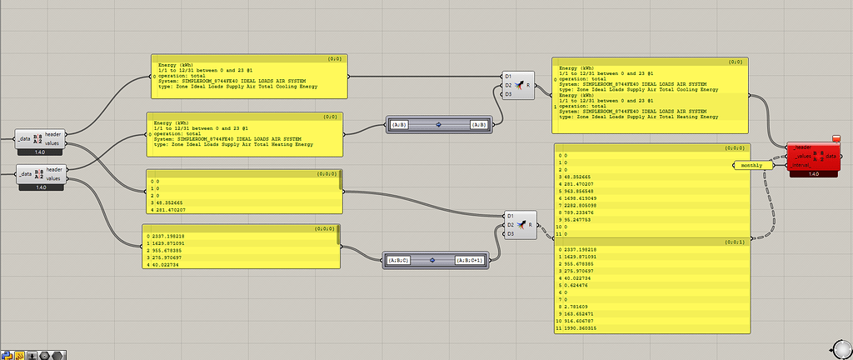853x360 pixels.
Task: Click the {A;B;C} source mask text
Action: pyautogui.click(x=397, y=260)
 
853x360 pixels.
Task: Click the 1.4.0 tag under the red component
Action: pyautogui.click(x=814, y=174)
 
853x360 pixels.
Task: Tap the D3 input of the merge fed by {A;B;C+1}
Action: pyautogui.click(x=508, y=233)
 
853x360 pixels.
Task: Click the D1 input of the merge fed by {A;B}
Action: pyautogui.click(x=508, y=76)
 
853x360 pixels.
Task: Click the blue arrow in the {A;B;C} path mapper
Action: pyautogui.click(x=432, y=260)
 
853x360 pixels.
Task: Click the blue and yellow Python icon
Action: pyautogui.click(x=7, y=353)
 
